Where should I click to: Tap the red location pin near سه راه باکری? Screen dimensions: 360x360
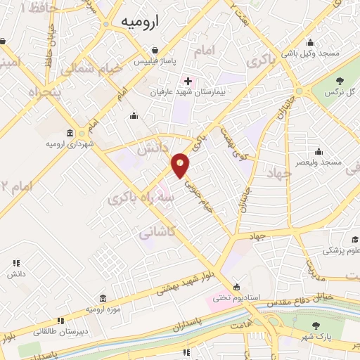click(181, 165)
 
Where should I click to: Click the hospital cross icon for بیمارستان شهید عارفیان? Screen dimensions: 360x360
click(187, 81)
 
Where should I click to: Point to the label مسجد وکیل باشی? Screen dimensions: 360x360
click(310, 53)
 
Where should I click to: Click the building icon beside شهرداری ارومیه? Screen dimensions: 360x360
click(70, 133)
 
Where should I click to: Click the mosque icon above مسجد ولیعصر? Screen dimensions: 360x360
click(319, 151)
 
